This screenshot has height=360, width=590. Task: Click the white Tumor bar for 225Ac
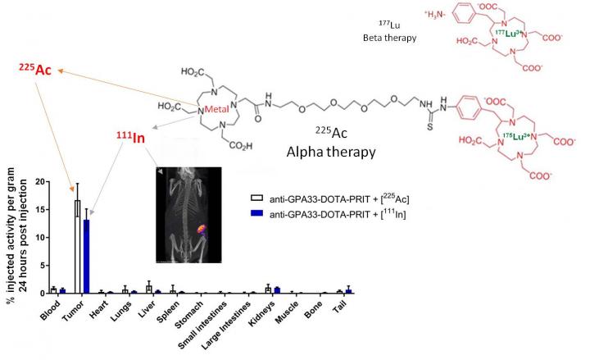tap(77, 247)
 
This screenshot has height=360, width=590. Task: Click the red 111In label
tap(129, 138)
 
